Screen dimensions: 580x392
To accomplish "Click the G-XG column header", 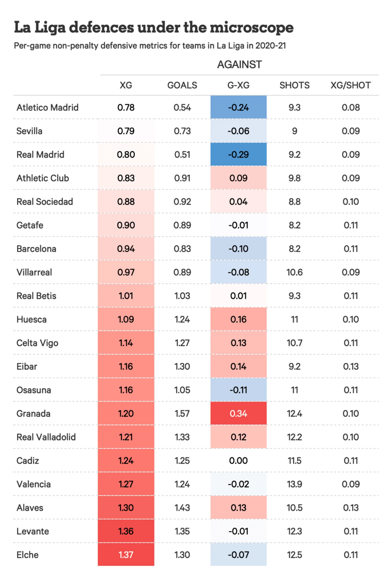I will pyautogui.click(x=238, y=85).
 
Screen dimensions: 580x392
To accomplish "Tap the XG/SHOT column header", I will pyautogui.click(x=350, y=85).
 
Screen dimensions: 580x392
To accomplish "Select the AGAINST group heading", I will pyautogui.click(x=239, y=65).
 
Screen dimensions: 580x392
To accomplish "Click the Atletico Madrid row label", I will pyautogui.click(x=48, y=108).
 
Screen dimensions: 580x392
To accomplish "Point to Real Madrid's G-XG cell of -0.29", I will pyautogui.click(x=238, y=155).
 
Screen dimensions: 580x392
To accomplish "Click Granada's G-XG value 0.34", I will pyautogui.click(x=238, y=413).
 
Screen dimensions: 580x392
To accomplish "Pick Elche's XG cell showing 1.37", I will pyautogui.click(x=126, y=555).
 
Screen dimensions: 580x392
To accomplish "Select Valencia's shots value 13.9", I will pyautogui.click(x=295, y=484).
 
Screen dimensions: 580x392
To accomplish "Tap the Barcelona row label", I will pyautogui.click(x=36, y=249).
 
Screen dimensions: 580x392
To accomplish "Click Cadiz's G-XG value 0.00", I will pyautogui.click(x=238, y=461).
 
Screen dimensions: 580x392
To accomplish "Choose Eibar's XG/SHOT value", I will pyautogui.click(x=351, y=366).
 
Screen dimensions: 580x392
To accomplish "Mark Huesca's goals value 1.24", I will pyautogui.click(x=182, y=319).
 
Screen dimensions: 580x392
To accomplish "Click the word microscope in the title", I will pyautogui.click(x=252, y=27).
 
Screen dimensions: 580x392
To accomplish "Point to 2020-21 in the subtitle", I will pyautogui.click(x=271, y=46).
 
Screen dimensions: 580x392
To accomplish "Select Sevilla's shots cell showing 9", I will pyautogui.click(x=295, y=131).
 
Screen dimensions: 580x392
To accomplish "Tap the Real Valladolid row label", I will pyautogui.click(x=46, y=437).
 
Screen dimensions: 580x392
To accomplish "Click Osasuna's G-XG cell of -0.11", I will pyautogui.click(x=238, y=390).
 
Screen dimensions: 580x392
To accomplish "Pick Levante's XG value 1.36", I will pyautogui.click(x=126, y=531).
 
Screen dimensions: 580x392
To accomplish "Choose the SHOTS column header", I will pyautogui.click(x=295, y=85).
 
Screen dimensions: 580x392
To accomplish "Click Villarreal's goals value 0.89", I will pyautogui.click(x=182, y=272).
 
